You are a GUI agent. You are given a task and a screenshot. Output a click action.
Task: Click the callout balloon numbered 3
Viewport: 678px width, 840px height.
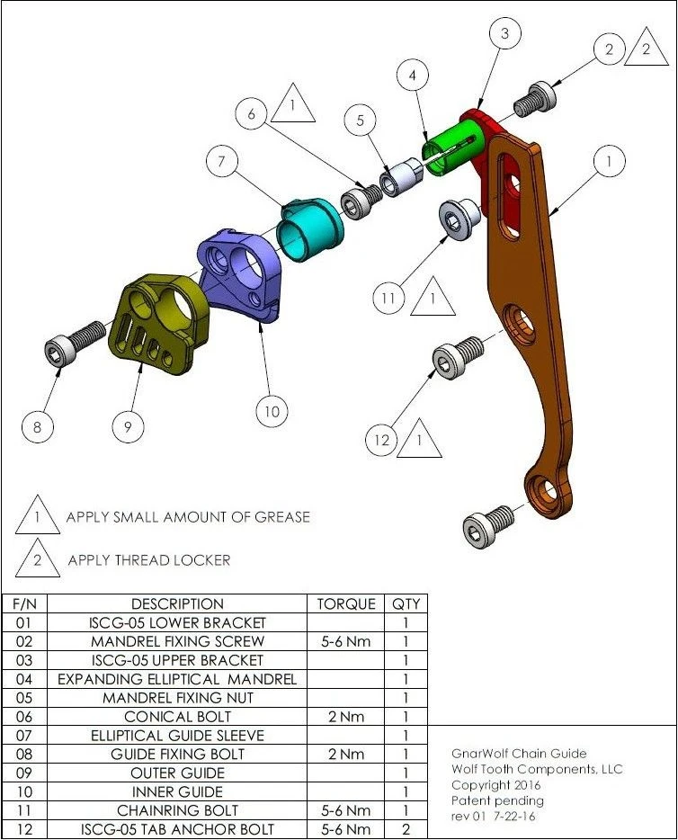505,34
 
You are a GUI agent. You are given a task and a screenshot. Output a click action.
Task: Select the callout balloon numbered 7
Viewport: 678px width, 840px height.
219,163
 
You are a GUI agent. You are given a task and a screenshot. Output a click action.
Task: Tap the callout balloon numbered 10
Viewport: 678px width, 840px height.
272,412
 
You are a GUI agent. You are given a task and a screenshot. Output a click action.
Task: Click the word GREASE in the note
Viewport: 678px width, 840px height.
278,517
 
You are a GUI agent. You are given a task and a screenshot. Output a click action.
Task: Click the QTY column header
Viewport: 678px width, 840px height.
406,603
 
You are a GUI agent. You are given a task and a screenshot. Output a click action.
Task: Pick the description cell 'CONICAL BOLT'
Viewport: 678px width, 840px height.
177,717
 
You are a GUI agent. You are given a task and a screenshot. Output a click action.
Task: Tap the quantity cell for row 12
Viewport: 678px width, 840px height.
406,829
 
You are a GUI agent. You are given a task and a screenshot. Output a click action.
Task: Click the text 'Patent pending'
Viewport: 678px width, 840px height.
497,800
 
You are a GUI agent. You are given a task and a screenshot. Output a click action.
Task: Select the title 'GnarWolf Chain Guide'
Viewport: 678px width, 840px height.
520,754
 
